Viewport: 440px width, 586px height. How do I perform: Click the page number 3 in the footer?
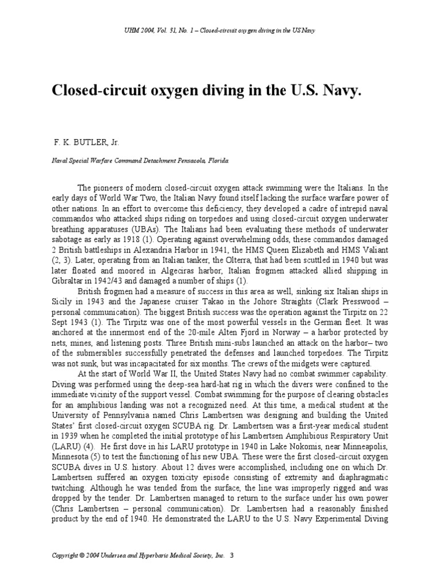pos(232,555)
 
